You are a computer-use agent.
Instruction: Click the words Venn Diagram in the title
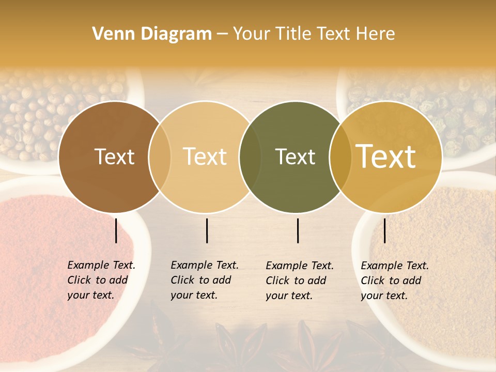pyautogui.click(x=152, y=34)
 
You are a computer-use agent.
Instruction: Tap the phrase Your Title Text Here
pyautogui.click(x=314, y=34)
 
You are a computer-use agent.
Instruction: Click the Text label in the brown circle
pyautogui.click(x=114, y=157)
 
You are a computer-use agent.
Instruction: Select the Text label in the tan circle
pyautogui.click(x=205, y=157)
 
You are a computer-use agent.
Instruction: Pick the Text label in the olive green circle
pyautogui.click(x=295, y=157)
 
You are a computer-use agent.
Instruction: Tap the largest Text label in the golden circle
pyautogui.click(x=386, y=157)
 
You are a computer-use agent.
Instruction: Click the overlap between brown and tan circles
pyautogui.click(x=160, y=157)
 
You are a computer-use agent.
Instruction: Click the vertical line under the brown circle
pyautogui.click(x=116, y=230)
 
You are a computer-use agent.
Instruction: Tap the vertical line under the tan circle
pyautogui.click(x=207, y=230)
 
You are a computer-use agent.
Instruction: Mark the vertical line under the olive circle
pyautogui.click(x=298, y=230)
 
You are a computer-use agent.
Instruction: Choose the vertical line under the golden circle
pyautogui.click(x=384, y=230)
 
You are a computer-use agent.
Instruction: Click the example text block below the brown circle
pyautogui.click(x=101, y=280)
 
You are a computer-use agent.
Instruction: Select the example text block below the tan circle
pyautogui.click(x=205, y=280)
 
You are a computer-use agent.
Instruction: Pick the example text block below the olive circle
pyautogui.click(x=300, y=281)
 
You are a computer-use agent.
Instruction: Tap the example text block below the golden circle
pyautogui.click(x=395, y=281)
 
